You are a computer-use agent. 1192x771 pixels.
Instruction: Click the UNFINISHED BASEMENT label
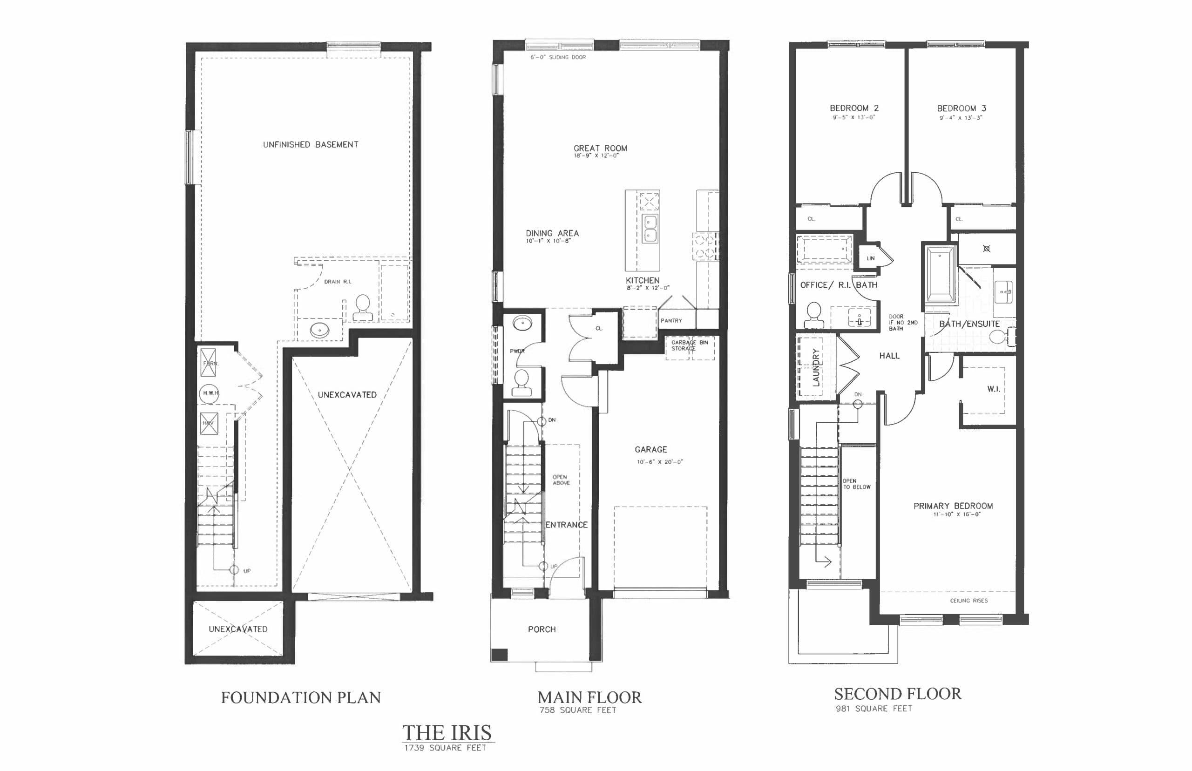(311, 145)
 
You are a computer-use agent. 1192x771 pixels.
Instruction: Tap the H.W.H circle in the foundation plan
(209, 393)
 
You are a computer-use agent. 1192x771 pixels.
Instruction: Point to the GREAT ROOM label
(600, 148)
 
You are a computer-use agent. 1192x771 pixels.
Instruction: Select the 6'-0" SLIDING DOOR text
(558, 57)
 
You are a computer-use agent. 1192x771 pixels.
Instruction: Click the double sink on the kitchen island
(650, 229)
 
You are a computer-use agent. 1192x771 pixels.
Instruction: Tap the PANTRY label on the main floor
(671, 320)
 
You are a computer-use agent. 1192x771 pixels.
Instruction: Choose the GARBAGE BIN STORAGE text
(690, 345)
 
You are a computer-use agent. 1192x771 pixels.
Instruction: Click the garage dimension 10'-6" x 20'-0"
(659, 461)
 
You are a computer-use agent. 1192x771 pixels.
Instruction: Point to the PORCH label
(542, 629)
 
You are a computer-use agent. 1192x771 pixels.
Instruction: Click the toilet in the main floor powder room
(521, 383)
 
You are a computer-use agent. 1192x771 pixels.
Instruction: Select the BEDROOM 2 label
(853, 108)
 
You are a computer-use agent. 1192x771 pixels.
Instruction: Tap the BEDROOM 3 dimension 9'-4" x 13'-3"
(960, 118)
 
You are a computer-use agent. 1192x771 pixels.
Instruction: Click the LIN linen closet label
(871, 258)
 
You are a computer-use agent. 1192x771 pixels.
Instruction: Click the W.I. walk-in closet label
(993, 389)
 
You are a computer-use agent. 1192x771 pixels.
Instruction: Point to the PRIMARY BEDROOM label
(953, 506)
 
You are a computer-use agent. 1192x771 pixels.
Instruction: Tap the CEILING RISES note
(968, 600)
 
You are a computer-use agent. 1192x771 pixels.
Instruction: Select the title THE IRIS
(447, 732)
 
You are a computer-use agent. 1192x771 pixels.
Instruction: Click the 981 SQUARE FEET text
(874, 709)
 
